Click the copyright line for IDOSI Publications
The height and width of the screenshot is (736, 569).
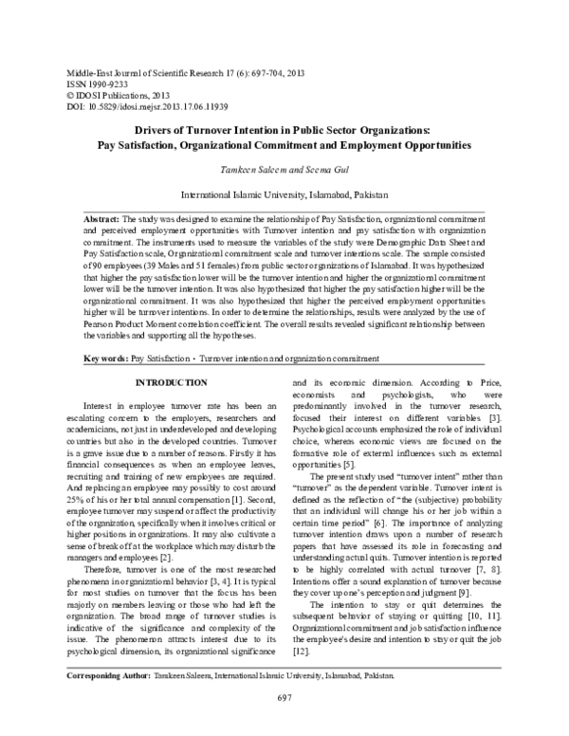(x=104, y=95)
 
